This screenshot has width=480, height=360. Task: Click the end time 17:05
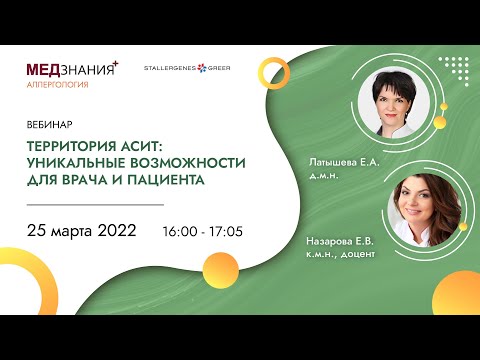pos(226,231)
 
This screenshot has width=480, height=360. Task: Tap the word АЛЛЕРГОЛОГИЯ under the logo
pos(58,86)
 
